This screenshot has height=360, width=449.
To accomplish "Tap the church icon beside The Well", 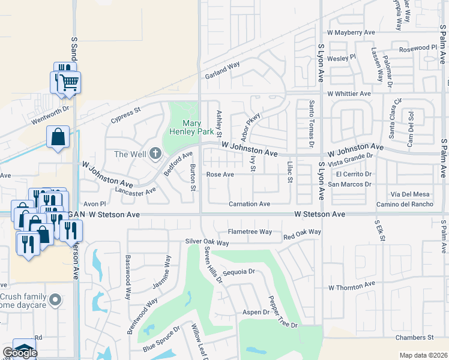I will (155, 154).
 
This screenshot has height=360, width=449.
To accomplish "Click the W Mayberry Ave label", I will (351, 32).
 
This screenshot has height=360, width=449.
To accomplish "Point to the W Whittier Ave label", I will (349, 94).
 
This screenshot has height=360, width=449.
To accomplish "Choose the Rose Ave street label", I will (220, 175).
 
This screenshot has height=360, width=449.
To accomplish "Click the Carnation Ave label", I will (249, 204).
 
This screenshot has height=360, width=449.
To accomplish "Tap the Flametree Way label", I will (250, 232).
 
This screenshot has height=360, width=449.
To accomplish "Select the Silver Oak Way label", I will (207, 243).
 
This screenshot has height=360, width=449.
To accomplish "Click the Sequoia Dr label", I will (239, 271).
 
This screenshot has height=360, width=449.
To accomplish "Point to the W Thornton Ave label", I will (351, 287).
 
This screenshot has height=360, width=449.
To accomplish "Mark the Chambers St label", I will (415, 338).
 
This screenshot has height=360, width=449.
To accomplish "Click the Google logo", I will (19, 352).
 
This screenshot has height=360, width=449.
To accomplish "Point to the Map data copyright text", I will (423, 355).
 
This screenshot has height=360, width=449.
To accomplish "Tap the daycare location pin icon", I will (56, 299).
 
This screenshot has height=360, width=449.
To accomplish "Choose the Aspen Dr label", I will (256, 312).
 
